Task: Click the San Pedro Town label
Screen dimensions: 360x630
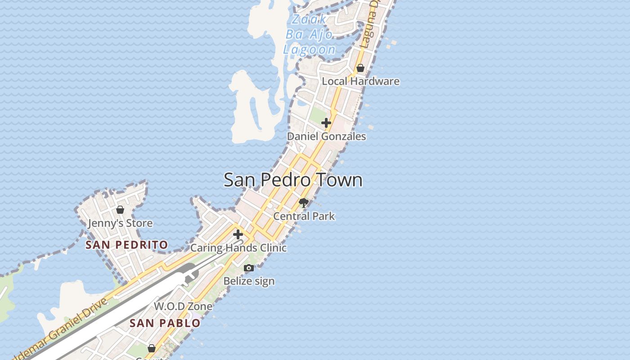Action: click(293, 180)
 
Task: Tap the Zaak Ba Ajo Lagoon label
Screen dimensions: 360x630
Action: click(310, 34)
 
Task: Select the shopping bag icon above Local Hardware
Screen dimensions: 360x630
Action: click(360, 68)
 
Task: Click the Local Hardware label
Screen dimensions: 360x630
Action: click(360, 81)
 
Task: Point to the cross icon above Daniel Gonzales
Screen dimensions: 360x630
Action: click(326, 122)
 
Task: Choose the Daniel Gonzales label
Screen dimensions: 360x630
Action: click(326, 136)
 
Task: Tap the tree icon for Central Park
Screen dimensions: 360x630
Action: click(304, 203)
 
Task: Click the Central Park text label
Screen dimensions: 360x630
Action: click(304, 216)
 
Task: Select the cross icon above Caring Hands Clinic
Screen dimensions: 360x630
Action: click(238, 234)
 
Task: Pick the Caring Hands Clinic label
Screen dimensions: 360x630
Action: click(238, 248)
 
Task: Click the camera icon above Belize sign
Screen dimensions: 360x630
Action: click(249, 268)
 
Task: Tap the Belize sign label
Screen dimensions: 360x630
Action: click(249, 281)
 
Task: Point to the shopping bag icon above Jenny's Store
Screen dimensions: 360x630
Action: click(120, 210)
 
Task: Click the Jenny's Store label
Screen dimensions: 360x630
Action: click(120, 223)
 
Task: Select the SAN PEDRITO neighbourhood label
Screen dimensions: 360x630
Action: click(127, 245)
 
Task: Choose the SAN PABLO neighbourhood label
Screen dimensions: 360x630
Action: click(165, 323)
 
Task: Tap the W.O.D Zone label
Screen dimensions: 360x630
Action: click(183, 306)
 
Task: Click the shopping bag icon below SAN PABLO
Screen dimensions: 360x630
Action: click(152, 348)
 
